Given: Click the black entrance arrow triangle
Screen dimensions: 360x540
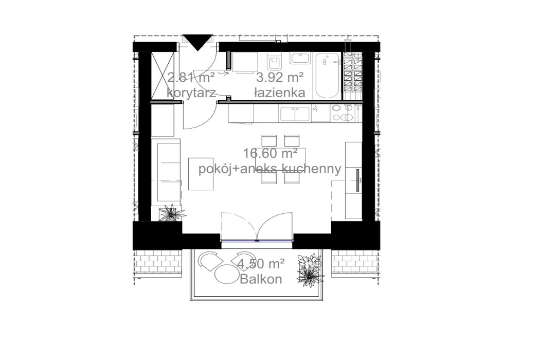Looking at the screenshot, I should [x=198, y=41].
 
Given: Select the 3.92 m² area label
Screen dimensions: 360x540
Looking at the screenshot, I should [x=280, y=78].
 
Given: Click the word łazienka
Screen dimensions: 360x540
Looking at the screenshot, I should [x=280, y=93].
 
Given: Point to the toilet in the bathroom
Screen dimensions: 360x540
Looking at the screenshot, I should [x=274, y=63].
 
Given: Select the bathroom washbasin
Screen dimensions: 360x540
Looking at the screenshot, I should [x=300, y=58].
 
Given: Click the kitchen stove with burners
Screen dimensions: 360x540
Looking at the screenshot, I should [x=343, y=113].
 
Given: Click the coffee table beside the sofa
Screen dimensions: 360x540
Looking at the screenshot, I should [x=201, y=173].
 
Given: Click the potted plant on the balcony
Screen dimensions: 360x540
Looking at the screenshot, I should [x=310, y=271].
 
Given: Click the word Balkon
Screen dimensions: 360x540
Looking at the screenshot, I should [x=261, y=280].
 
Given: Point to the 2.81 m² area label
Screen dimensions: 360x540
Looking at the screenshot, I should [x=191, y=78].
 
